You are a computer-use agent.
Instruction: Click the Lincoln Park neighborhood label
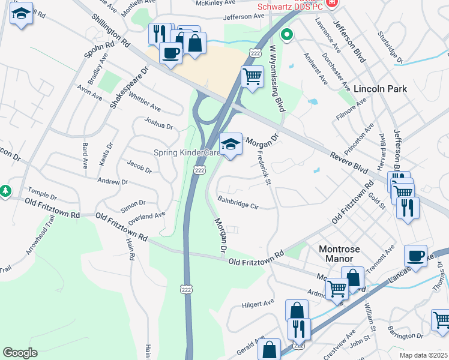(x=380, y=89)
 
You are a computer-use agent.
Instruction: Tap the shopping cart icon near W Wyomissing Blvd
(x=253, y=77)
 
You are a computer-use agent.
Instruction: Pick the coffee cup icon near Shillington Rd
(x=170, y=53)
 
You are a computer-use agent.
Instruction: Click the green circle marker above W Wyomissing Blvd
(x=287, y=35)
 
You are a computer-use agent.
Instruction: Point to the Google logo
(x=20, y=353)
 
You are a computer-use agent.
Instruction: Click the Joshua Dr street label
(x=158, y=123)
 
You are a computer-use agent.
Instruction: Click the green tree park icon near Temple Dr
(x=5, y=191)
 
